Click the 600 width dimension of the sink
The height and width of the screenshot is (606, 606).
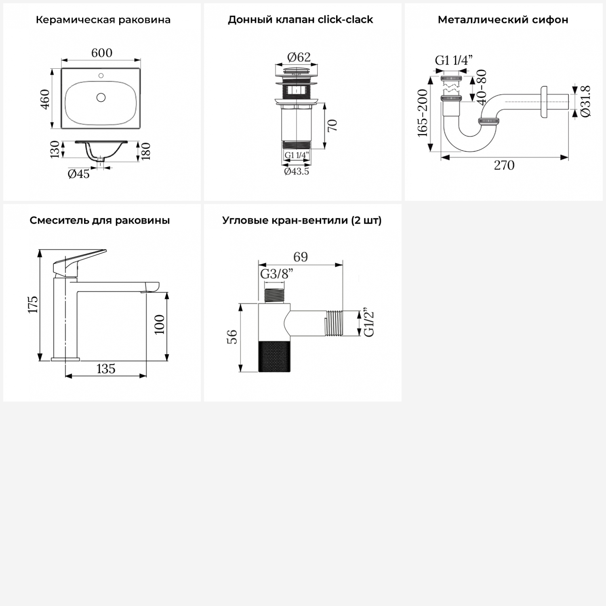102,53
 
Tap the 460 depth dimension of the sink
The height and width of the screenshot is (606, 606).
45,99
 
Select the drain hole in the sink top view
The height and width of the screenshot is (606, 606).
101,97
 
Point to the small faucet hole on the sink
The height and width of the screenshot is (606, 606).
101,76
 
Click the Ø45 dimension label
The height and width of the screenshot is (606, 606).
79,174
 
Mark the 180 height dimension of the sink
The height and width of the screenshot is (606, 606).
146,151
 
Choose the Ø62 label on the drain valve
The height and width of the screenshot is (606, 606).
299,57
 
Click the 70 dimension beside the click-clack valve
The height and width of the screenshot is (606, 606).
332,126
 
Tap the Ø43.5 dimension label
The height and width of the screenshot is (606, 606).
297,171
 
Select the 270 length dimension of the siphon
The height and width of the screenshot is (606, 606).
504,165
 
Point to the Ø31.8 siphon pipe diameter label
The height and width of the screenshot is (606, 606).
585,101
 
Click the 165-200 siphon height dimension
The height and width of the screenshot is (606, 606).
422,113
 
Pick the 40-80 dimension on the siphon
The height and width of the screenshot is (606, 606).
482,87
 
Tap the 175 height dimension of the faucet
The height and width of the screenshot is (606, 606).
33,304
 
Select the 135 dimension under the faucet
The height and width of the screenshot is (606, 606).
106,369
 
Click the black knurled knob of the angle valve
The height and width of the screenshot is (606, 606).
274,356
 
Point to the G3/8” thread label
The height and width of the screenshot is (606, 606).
277,274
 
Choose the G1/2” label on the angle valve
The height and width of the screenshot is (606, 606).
369,323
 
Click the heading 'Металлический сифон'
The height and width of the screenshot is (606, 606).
503,20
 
